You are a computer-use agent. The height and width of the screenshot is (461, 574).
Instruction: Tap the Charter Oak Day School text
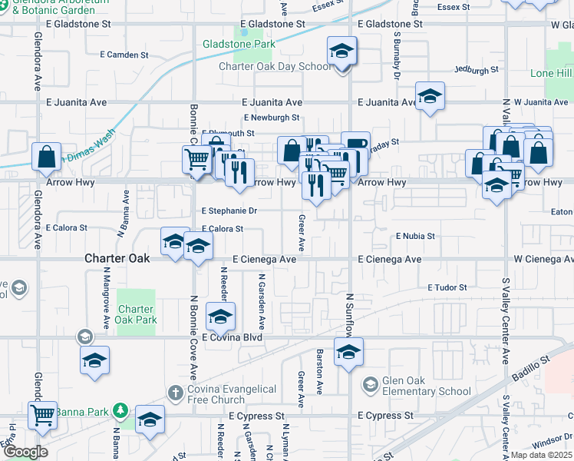click(275, 67)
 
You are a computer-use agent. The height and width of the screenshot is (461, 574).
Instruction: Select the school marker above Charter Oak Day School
click(342, 52)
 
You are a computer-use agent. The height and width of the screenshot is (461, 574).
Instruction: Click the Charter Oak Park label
click(136, 315)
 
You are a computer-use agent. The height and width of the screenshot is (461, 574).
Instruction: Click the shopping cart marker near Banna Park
click(43, 415)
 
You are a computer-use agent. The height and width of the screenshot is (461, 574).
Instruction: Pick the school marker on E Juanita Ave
click(430, 97)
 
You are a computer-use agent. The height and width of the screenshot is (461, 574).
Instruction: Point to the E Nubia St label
click(415, 236)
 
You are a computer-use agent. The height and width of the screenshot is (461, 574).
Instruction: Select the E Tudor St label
click(447, 287)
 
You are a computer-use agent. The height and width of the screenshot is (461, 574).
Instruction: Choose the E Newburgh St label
click(271, 118)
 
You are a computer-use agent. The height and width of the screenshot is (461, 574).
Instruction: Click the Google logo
click(25, 452)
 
